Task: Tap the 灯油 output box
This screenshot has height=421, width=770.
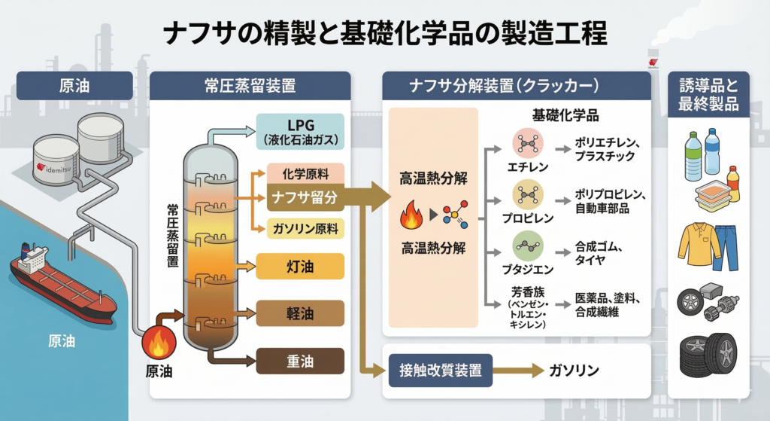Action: click(x=300, y=267)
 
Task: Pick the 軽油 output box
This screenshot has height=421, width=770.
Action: click(x=300, y=314)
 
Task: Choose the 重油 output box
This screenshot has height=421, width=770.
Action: click(x=300, y=362)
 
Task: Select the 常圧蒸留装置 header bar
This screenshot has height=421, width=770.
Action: click(x=250, y=85)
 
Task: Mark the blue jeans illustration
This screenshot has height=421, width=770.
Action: click(x=726, y=246)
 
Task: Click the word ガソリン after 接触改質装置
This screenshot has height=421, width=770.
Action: click(x=574, y=370)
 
